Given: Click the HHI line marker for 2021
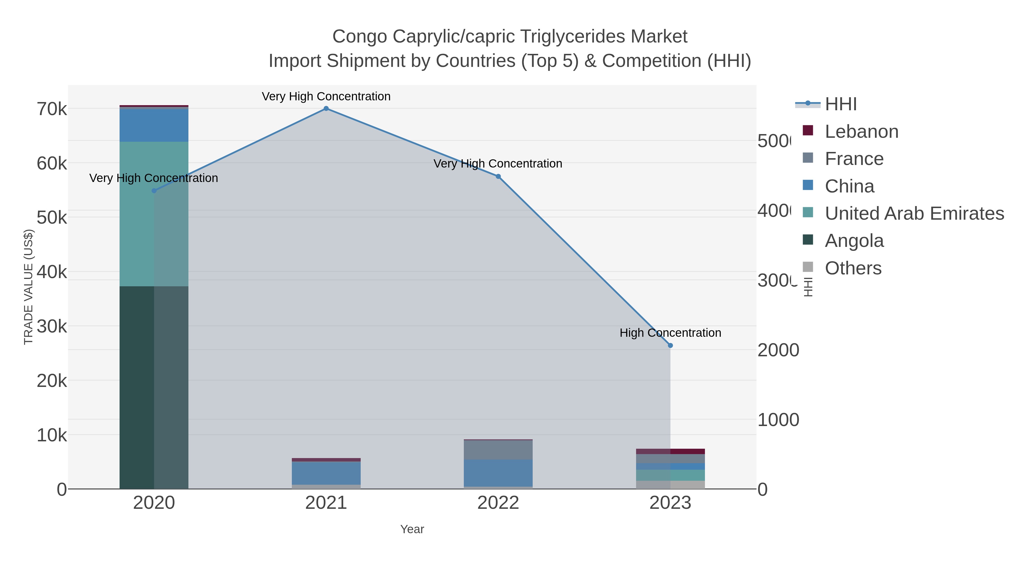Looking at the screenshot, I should (326, 109).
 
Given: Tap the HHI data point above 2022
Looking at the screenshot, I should (498, 177).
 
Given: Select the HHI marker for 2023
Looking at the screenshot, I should (670, 346).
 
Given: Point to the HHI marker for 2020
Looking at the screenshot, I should (154, 190).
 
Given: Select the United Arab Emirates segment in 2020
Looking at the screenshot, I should (137, 214).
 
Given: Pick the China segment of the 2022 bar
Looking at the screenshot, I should (498, 473).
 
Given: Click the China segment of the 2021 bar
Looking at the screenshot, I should (326, 473).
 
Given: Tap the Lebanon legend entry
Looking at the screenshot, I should (861, 132).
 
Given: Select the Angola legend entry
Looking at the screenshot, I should (854, 241).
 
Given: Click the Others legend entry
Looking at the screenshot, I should (853, 268).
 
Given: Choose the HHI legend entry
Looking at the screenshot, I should (841, 104).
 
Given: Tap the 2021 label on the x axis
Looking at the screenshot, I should (326, 503).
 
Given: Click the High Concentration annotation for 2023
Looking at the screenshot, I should (670, 333).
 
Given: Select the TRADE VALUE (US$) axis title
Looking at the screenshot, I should (29, 287).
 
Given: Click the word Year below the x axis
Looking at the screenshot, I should (412, 529).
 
